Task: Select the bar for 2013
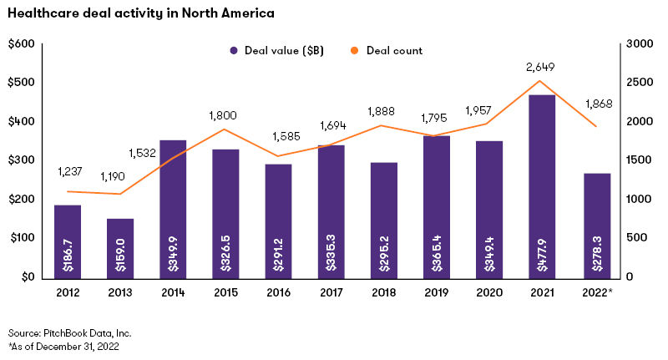click(119, 247)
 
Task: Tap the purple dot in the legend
click(235, 51)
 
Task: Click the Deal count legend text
click(398, 51)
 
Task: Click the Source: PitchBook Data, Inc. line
click(70, 333)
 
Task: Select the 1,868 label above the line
click(595, 102)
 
